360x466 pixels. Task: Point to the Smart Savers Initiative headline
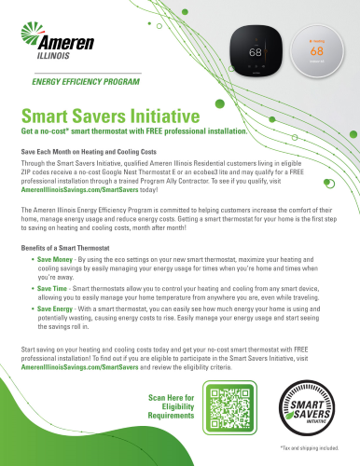click(x=111, y=117)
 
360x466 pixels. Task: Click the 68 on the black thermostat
click(x=253, y=52)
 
